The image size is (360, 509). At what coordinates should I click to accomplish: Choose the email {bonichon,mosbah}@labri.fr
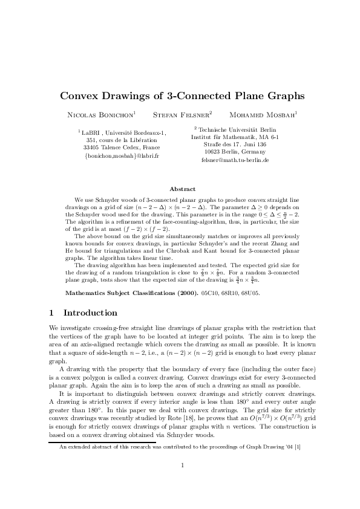pos(122,156)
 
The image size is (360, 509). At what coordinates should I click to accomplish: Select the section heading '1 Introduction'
pos(82,313)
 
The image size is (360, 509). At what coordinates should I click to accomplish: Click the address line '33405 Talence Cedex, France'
pos(122,148)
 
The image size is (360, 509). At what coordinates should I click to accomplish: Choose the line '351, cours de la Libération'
pos(122,140)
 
